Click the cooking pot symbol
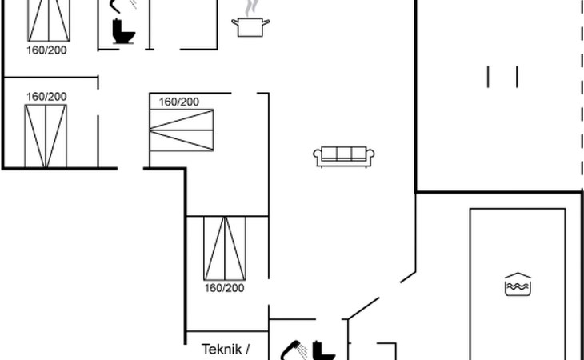pos(250,27)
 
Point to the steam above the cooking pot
pos(252,7)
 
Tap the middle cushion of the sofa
pos(344,154)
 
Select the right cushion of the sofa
pos(359,154)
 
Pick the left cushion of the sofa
pos(329,154)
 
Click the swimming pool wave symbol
pos(518,284)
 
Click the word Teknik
pos(220,349)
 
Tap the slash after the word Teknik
pos(247,349)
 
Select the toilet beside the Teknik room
pos(324,351)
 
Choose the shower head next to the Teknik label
pos(292,350)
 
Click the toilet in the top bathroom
pos(125,32)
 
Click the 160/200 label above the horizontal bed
pos(179,102)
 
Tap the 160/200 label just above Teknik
pos(224,288)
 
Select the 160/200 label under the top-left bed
pos(46,50)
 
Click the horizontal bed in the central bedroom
pos(183,130)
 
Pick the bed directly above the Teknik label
pos(225,246)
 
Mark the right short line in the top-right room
pos(518,76)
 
